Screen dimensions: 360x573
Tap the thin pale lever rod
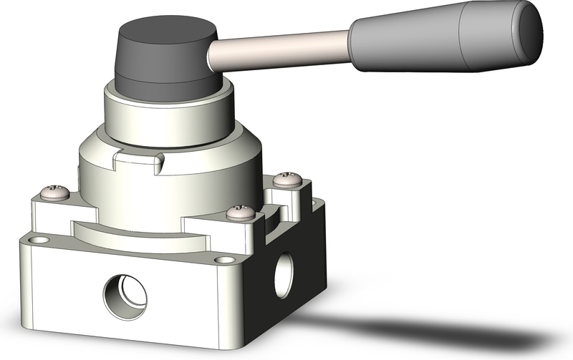[x=286, y=52]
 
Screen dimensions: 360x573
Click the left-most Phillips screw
[x=55, y=192]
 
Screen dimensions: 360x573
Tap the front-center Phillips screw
[x=240, y=212]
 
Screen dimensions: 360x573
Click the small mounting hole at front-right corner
[x=228, y=260]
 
